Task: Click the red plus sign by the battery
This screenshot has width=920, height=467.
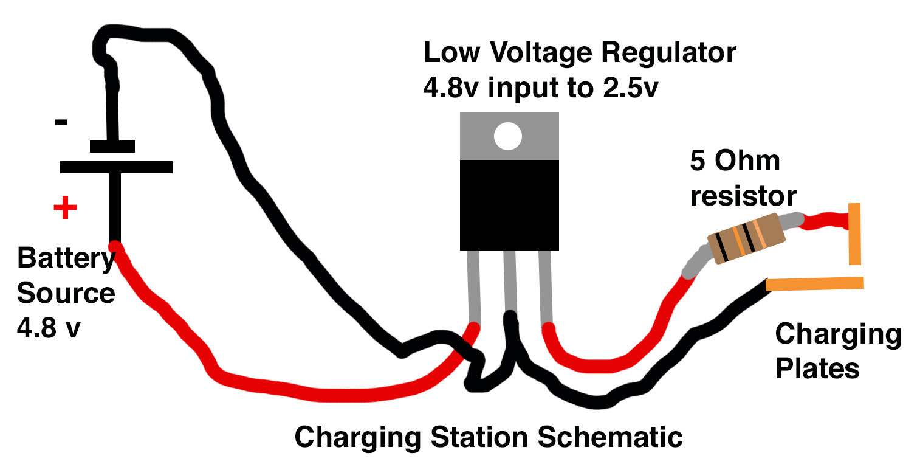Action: [x=65, y=209]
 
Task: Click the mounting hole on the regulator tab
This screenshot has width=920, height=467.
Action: [x=508, y=136]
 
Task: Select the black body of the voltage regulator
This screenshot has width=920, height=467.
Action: [x=509, y=204]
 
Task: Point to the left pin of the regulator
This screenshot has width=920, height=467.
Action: [x=473, y=286]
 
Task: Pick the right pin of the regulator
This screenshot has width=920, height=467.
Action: [x=545, y=286]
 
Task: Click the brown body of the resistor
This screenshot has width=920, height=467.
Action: [x=746, y=238]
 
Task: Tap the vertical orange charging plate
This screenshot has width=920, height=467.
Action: [x=854, y=234]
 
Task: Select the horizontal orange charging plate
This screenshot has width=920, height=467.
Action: [x=814, y=283]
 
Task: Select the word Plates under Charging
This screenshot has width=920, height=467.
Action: [x=817, y=368]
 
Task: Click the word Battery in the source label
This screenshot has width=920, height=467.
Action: [x=66, y=259]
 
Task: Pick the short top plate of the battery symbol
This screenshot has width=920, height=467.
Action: [x=112, y=146]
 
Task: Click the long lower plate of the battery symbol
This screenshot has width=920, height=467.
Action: [x=116, y=167]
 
